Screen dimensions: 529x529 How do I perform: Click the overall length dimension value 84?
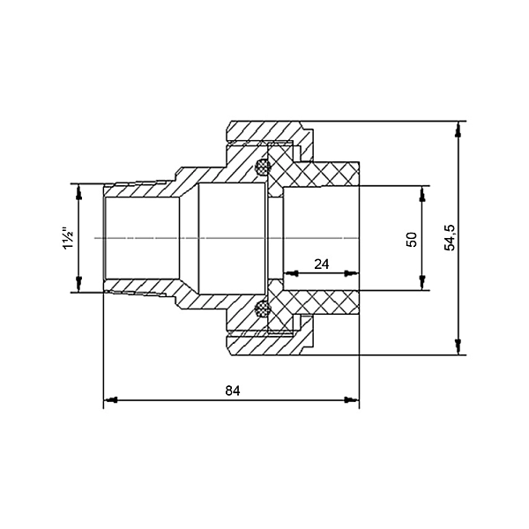pos(233,390)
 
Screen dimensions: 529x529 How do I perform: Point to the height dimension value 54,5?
pos(451,238)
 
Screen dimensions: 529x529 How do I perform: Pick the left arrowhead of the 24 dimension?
pos(286,273)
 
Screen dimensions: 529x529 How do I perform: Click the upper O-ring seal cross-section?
pos(261,166)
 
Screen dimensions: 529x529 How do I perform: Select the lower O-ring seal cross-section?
pos(261,309)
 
